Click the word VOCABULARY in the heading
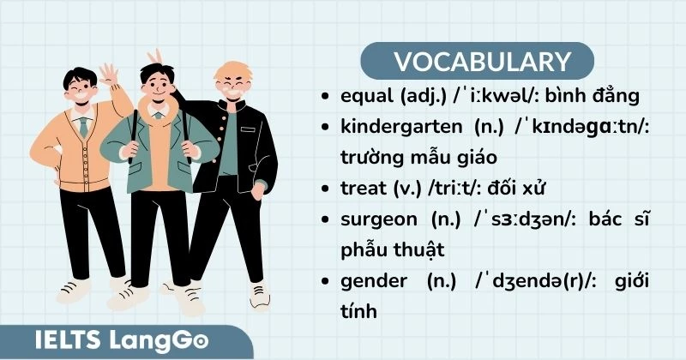pos(482,62)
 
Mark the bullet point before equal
pos(322,97)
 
